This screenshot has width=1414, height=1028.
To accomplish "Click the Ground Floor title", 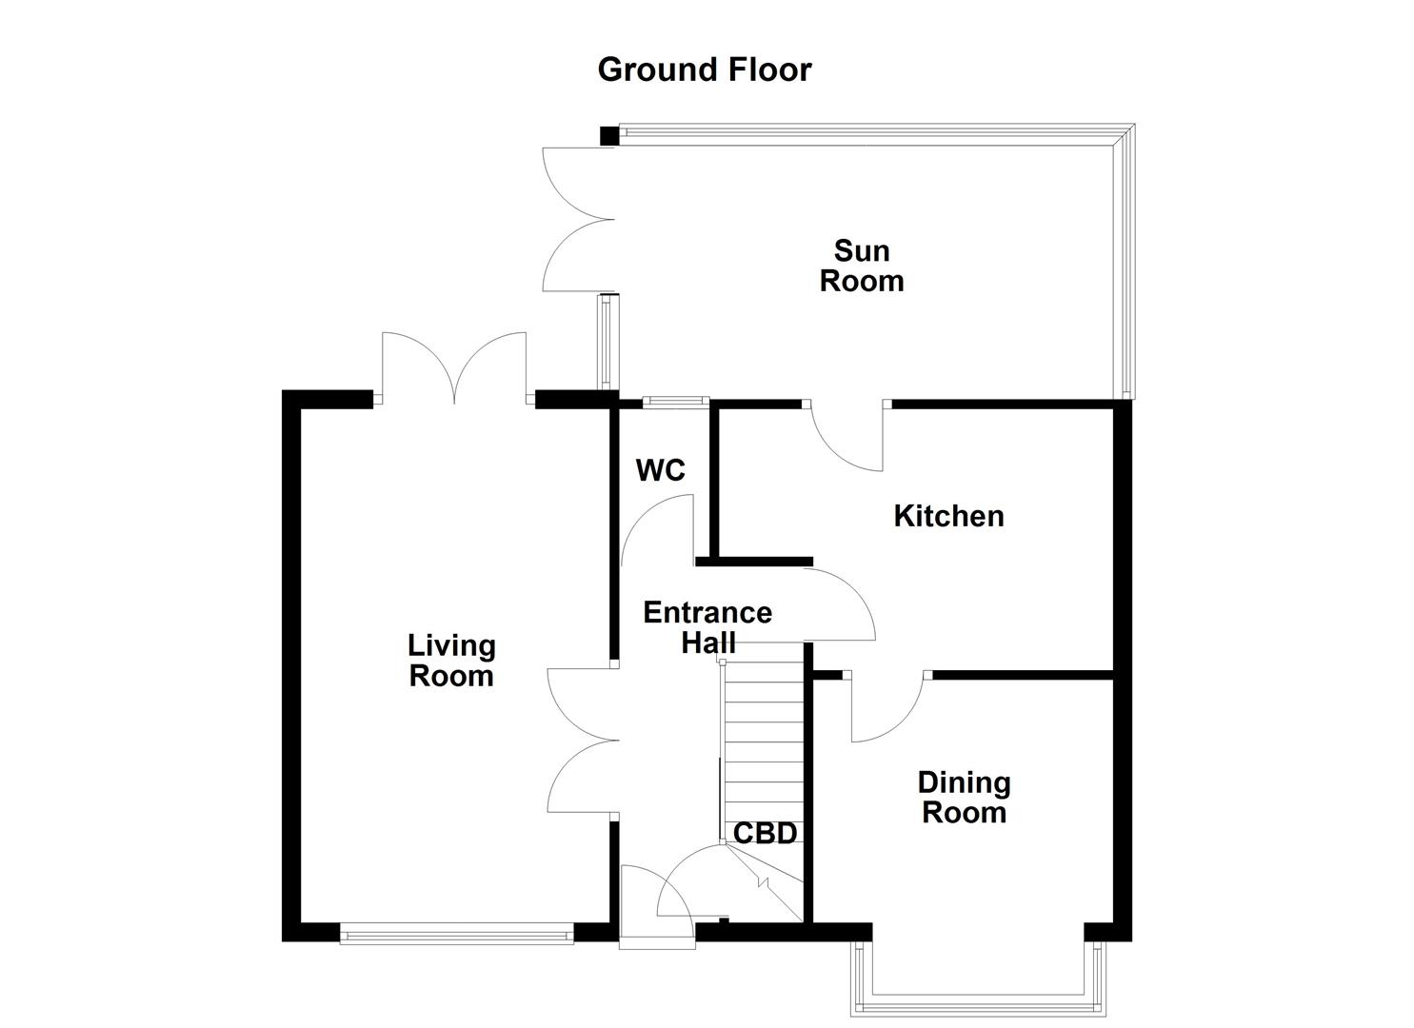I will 704,69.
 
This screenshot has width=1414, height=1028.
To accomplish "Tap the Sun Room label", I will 861,266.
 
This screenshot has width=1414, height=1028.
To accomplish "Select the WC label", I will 660,470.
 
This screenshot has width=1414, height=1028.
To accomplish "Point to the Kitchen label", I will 948,516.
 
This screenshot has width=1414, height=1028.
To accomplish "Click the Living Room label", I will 451,661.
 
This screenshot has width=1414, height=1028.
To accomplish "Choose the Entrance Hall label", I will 707,626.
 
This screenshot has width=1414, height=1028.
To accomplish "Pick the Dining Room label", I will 964,797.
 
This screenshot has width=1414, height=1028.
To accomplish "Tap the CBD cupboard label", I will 765,834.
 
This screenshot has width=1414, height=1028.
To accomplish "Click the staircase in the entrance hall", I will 764,733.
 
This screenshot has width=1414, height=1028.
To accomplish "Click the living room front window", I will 456,936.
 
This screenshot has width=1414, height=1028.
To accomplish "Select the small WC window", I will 674,402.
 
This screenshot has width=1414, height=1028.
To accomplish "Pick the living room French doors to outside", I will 454,366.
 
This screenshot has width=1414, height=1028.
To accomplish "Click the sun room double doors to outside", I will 577,220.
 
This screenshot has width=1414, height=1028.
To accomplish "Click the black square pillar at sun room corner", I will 608,135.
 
